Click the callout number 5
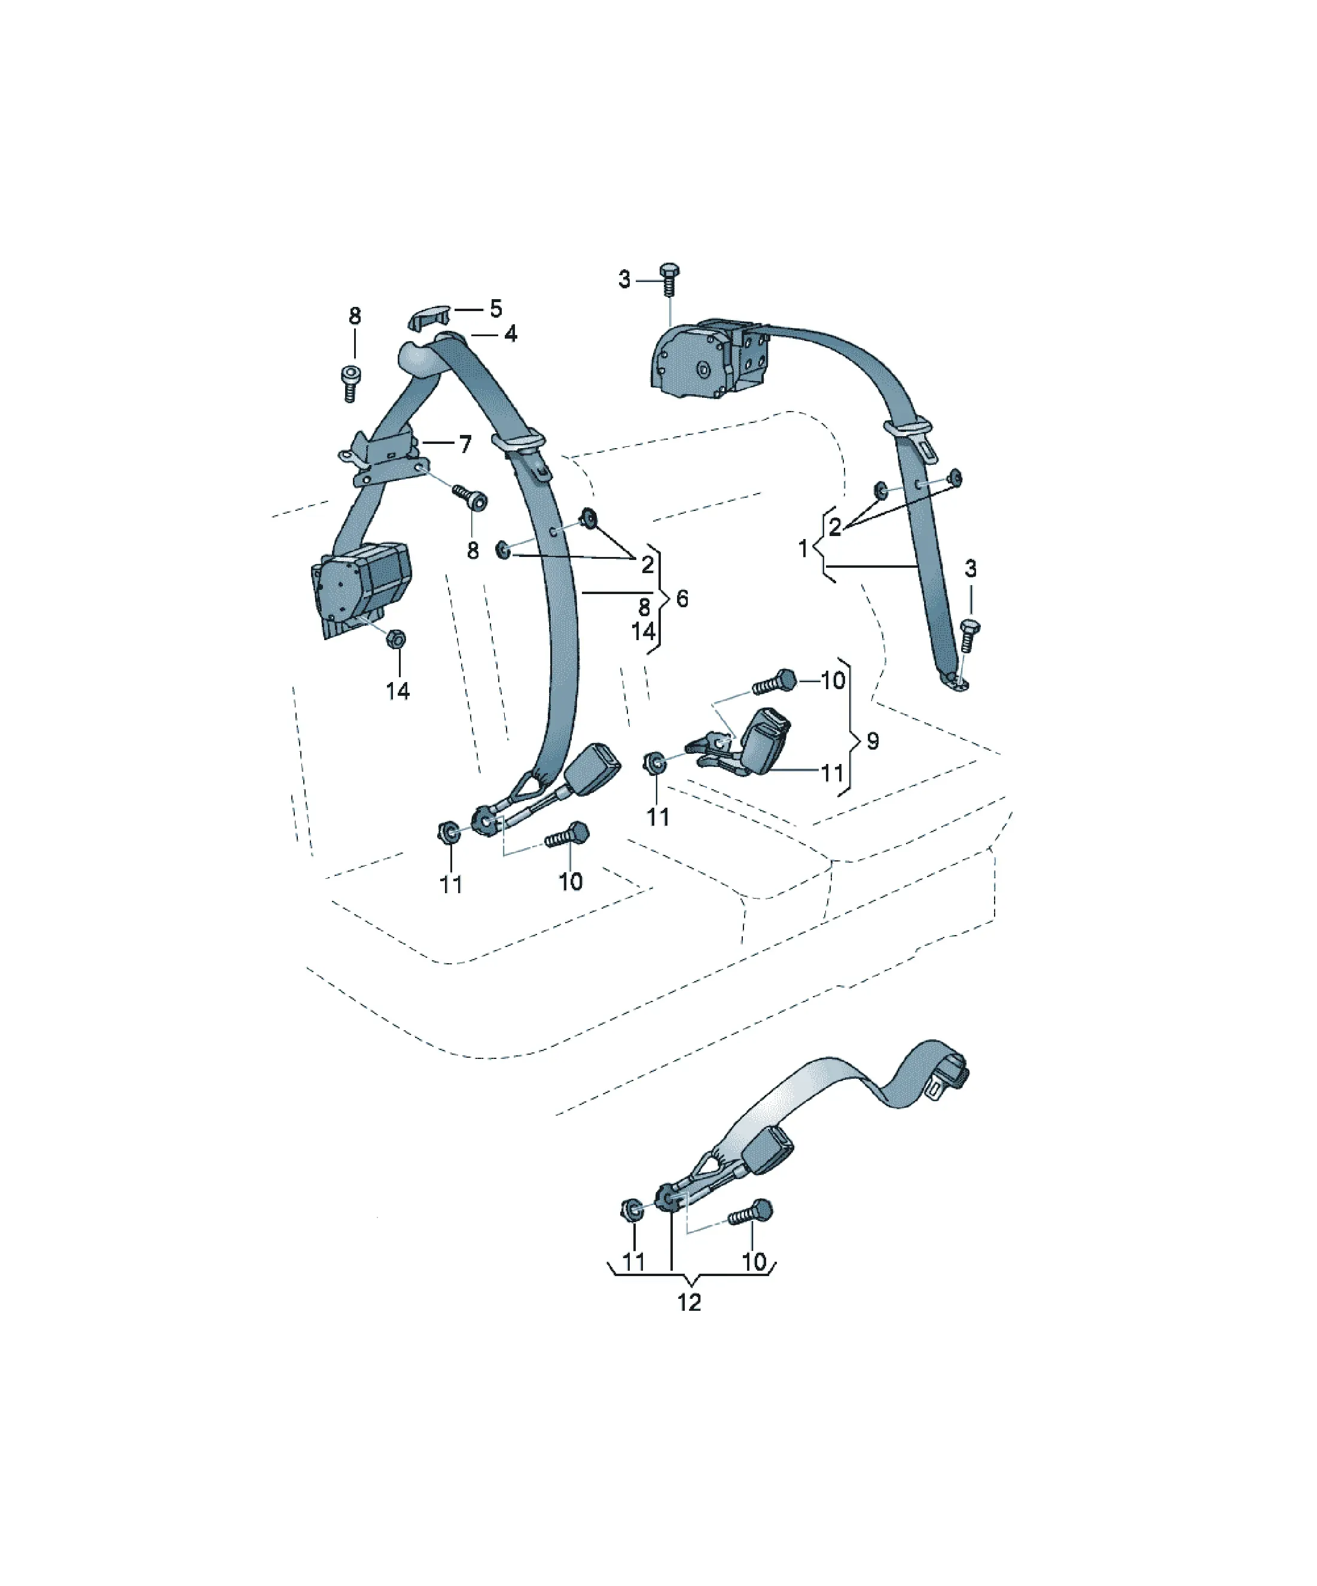coord(495,308)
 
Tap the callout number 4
coord(511,333)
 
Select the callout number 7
coord(465,443)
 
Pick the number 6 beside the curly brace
coord(682,599)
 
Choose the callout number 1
coord(803,548)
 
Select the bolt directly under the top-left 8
coord(350,383)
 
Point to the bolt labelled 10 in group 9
coord(775,682)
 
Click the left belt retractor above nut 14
coord(360,587)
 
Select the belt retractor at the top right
coord(710,358)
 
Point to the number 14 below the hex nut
coord(398,690)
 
